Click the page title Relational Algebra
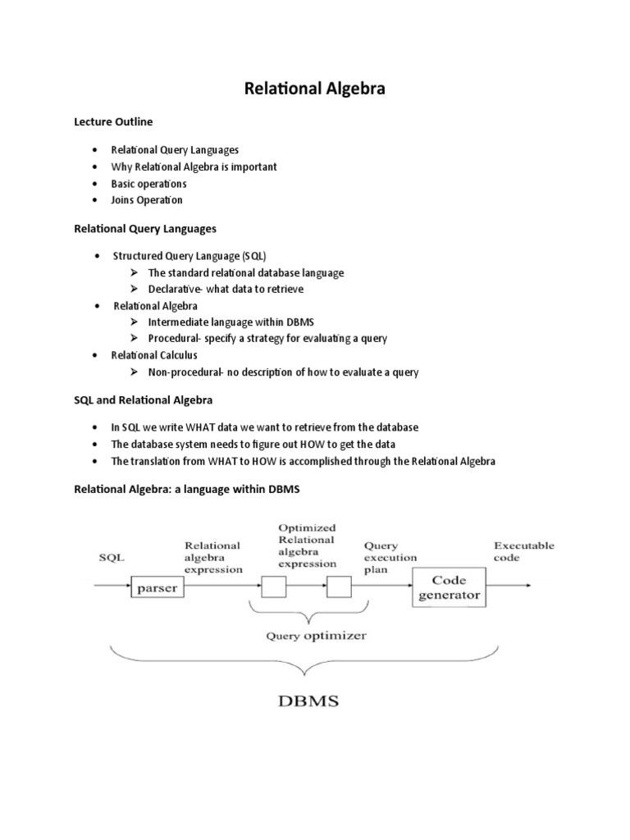point(314,89)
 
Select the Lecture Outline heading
point(113,121)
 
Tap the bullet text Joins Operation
point(147,200)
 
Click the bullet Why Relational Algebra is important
point(194,167)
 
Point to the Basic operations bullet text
point(148,184)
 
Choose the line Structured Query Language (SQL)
point(189,256)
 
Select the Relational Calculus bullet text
point(154,355)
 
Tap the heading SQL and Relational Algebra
point(144,400)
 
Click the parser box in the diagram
point(157,587)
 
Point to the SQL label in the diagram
point(112,558)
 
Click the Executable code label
point(523,551)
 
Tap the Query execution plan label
point(390,558)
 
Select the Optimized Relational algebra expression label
point(307,546)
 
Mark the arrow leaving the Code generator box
point(509,586)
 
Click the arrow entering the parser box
point(113,586)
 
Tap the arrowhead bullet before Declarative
point(136,290)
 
